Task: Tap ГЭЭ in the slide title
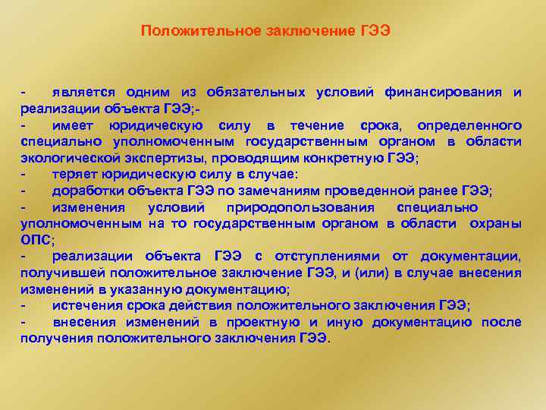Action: (x=375, y=31)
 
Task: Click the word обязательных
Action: (x=258, y=93)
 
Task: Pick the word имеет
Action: (x=73, y=125)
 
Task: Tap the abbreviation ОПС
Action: (x=35, y=240)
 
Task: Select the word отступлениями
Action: (x=331, y=257)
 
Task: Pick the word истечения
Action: (x=85, y=305)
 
